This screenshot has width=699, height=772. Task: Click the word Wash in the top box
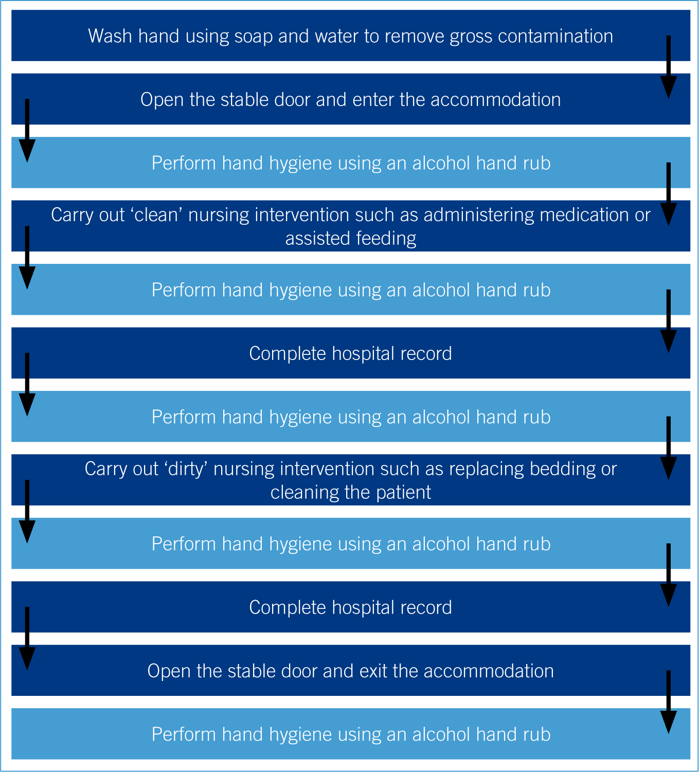click(x=111, y=36)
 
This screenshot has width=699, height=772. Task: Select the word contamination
click(x=555, y=36)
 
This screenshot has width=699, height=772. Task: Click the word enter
click(x=371, y=100)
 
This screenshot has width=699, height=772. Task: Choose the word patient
click(x=403, y=493)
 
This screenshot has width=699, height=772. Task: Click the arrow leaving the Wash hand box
click(x=669, y=67)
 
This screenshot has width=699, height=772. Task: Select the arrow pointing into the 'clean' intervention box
click(x=669, y=194)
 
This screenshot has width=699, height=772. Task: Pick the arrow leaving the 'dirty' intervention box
click(x=27, y=512)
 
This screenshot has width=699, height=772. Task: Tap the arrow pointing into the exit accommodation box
click(x=27, y=639)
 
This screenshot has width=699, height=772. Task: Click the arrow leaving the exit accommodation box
click(x=669, y=703)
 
